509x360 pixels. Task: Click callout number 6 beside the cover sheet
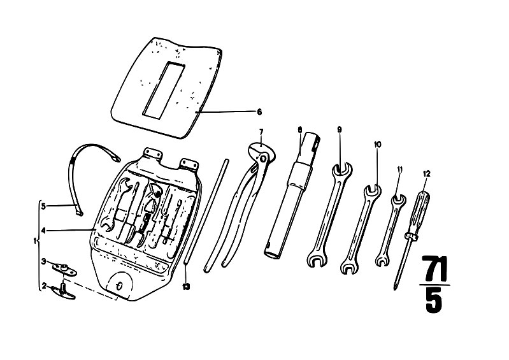pos(259,112)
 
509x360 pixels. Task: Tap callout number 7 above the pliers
pos(261,132)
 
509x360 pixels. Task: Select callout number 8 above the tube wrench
pos(299,129)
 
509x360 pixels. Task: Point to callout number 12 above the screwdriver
pos(427,174)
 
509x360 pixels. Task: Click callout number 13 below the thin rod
pos(185,287)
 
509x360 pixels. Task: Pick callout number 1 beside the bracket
pos(35,241)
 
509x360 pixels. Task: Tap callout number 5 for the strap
pos(43,205)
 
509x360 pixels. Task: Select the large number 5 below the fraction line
pos(434,301)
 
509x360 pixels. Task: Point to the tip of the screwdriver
pos(396,289)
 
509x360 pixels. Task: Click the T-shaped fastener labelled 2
pos(62,291)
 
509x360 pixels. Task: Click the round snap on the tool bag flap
pos(119,286)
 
